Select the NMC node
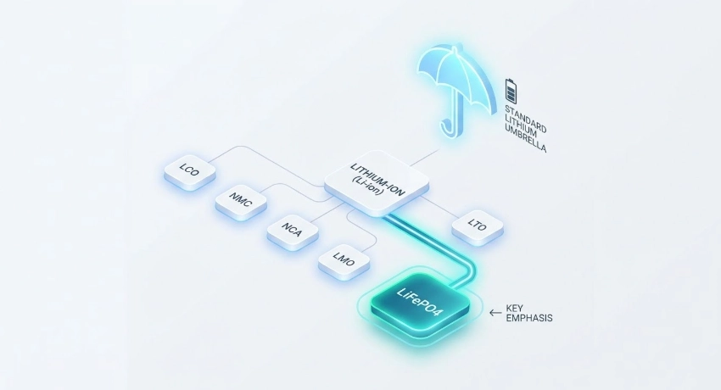point(241,202)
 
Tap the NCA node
point(293,231)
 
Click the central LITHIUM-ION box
point(377,183)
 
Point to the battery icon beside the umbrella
point(511,90)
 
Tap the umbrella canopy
point(455,75)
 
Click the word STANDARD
point(526,119)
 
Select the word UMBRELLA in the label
point(525,138)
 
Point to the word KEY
point(514,308)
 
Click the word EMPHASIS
point(528,318)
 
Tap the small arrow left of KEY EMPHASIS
point(495,313)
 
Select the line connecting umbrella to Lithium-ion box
point(424,157)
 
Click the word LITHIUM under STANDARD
point(521,124)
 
